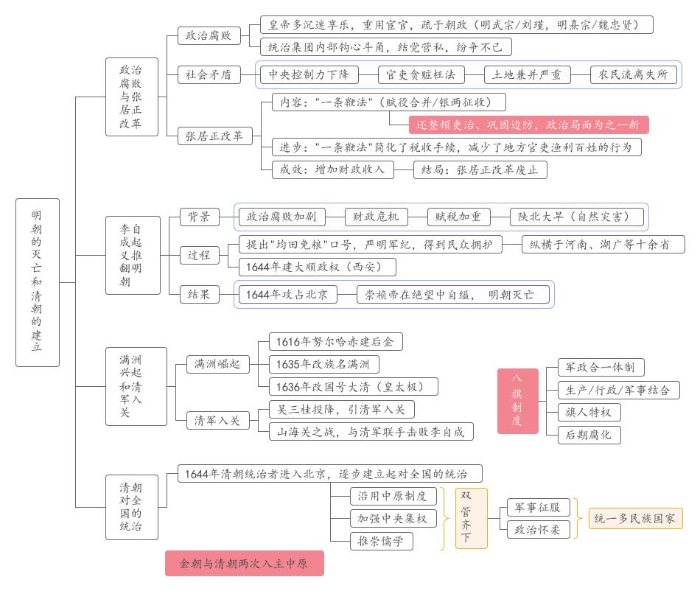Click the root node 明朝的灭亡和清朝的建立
tap(37, 282)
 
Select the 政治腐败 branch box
tap(209, 35)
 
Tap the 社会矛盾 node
tap(209, 74)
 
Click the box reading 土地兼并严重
tap(527, 74)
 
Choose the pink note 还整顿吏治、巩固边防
tap(528, 124)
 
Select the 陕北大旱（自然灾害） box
tap(578, 217)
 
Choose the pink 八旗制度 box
tap(517, 400)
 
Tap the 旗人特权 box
tap(589, 411)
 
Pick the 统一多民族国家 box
tap(634, 518)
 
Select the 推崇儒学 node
tap(381, 541)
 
